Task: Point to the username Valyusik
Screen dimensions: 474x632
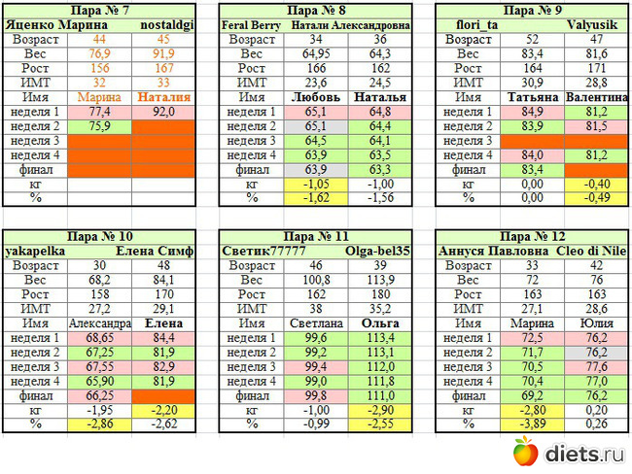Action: pos(590,24)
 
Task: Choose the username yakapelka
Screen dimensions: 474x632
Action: pos(36,251)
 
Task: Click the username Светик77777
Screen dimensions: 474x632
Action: pos(262,251)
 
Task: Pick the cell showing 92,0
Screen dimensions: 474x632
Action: pos(162,112)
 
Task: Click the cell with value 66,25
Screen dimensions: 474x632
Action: pos(101,396)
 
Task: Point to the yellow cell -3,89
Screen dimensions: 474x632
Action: pos(530,425)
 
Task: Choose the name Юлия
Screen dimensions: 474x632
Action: pos(594,323)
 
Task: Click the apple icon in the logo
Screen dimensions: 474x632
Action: pos(525,452)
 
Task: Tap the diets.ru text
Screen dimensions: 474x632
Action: pos(583,453)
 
